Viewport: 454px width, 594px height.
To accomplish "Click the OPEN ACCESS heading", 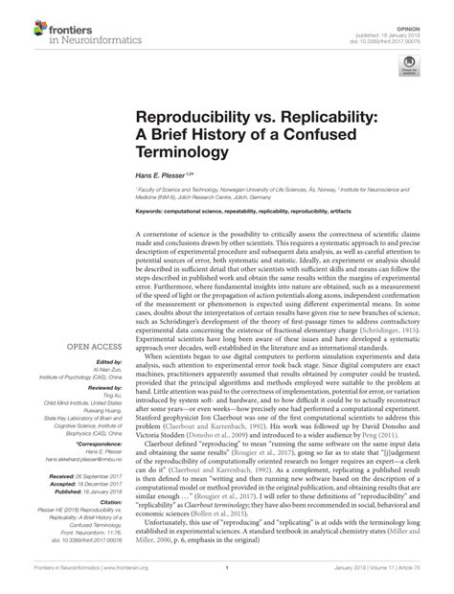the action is [66, 292].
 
